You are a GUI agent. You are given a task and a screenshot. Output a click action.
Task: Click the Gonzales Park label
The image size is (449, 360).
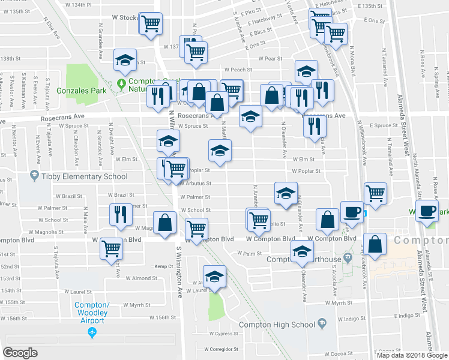click(x=81, y=91)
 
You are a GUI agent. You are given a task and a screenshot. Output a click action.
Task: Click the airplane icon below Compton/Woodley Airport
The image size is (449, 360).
click(x=92, y=331)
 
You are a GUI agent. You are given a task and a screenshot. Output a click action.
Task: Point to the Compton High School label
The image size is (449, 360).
click(x=277, y=325)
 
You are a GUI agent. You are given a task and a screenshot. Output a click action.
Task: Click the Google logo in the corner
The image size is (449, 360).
click(x=20, y=353)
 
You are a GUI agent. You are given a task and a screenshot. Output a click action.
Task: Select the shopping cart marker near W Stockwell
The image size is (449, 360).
click(x=150, y=24)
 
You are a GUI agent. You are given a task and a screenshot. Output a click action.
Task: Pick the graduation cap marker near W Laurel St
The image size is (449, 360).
click(x=214, y=276)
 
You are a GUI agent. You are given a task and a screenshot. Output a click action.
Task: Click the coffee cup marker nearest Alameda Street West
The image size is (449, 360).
click(x=427, y=212)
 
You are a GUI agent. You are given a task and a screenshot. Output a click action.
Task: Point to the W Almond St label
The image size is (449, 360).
click(x=141, y=278)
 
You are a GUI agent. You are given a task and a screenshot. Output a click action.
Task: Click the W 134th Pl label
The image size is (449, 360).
click(x=80, y=4)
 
